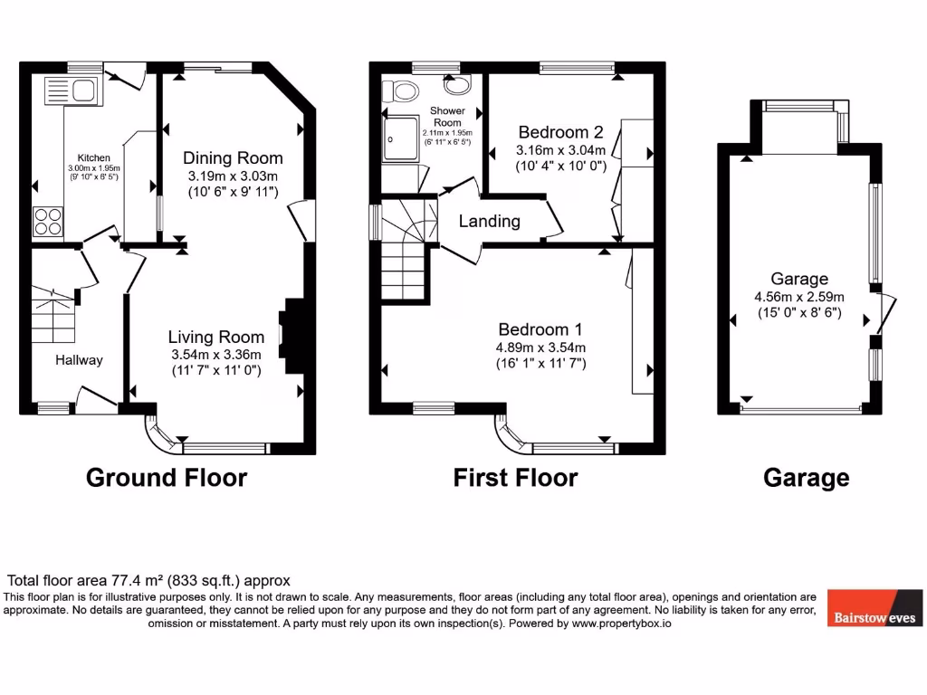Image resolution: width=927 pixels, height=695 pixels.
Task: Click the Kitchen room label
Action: coord(93,157)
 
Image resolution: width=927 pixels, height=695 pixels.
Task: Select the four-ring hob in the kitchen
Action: coord(48,222)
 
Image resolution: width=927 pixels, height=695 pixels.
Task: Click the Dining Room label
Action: coord(233,157)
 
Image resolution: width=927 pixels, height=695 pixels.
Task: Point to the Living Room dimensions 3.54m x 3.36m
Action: coord(215,354)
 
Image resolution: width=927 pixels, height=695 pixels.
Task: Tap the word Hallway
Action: coord(79,359)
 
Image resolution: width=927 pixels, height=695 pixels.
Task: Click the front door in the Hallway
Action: coord(98,399)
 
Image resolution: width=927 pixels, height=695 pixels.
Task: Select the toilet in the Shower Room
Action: coord(398,90)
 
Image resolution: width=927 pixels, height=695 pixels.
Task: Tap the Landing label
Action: coord(489,221)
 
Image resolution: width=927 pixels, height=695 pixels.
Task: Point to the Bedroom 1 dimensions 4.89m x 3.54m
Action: coord(541,347)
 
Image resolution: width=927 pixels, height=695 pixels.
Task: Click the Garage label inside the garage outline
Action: coord(799,279)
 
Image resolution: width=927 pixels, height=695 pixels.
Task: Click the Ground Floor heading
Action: coord(166,477)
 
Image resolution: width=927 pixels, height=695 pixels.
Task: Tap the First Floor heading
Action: coord(515,477)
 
